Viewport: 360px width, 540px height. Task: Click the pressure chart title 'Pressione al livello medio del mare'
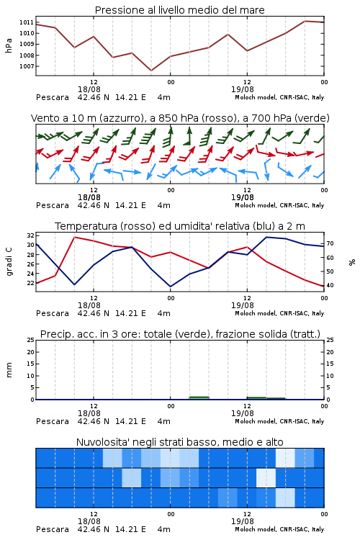pyautogui.click(x=179, y=10)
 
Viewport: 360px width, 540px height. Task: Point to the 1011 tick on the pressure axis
pyautogui.click(x=27, y=22)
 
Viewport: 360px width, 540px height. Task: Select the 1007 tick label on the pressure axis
pyautogui.click(x=27, y=66)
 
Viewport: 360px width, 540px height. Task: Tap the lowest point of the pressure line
pyautogui.click(x=151, y=71)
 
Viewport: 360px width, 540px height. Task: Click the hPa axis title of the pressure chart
pyautogui.click(x=9, y=45)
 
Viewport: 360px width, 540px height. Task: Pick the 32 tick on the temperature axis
pyautogui.click(x=31, y=235)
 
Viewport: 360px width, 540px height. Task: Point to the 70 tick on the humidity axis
pyautogui.click(x=330, y=243)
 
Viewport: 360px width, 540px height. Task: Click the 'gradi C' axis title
pyautogui.click(x=9, y=262)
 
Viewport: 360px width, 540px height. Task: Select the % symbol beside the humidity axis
pyautogui.click(x=352, y=262)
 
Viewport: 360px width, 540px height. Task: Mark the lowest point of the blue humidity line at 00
pyautogui.click(x=170, y=287)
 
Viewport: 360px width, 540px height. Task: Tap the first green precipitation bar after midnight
pyautogui.click(x=199, y=397)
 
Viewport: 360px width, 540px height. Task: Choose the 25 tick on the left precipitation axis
pyautogui.click(x=31, y=340)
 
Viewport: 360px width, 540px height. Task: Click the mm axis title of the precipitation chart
pyautogui.click(x=9, y=370)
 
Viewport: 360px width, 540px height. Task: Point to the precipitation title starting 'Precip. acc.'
pyautogui.click(x=180, y=334)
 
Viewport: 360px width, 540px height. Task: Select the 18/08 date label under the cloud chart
pyautogui.click(x=89, y=521)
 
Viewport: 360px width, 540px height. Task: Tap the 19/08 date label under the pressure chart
pyautogui.click(x=243, y=89)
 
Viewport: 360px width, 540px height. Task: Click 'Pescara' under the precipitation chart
pyautogui.click(x=53, y=421)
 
